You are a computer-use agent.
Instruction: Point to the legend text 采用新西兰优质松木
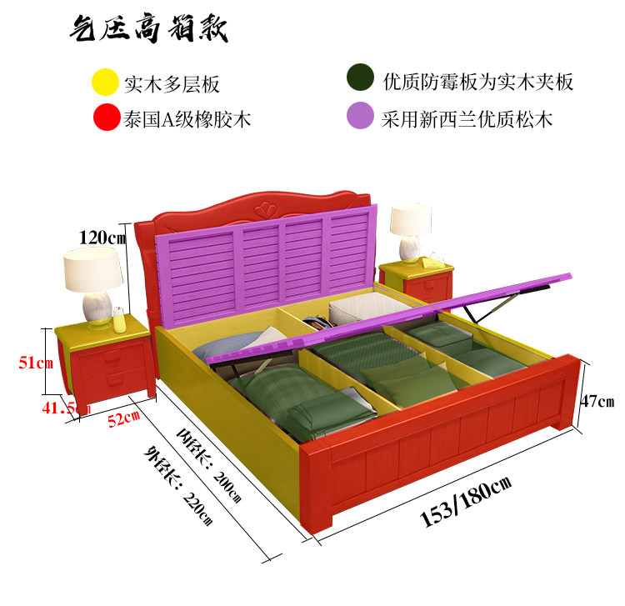point(467,118)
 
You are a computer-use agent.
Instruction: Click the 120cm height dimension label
point(102,237)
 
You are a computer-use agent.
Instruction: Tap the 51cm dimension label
point(37,363)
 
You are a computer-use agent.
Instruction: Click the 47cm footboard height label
point(597,401)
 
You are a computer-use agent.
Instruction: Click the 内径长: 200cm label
point(209,463)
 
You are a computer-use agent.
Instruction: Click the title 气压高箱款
point(147,31)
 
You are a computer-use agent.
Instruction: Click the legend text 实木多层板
point(172,84)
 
